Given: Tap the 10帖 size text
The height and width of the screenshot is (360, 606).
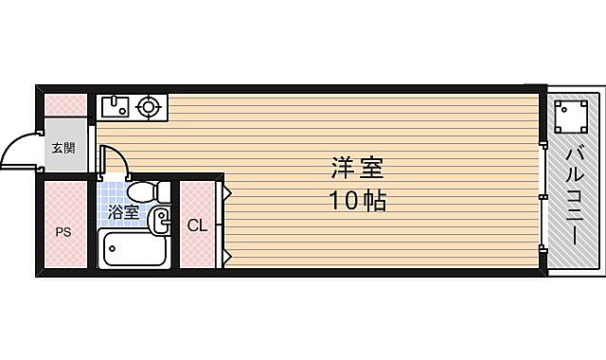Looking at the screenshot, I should pyautogui.click(x=357, y=201).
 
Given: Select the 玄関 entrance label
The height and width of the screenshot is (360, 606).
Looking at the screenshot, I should pyautogui.click(x=63, y=149).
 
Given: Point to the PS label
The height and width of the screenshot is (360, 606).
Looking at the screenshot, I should pyautogui.click(x=62, y=230).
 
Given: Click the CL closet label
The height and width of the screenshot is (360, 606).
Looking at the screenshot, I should pyautogui.click(x=196, y=225).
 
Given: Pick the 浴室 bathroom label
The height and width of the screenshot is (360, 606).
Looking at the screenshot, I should pyautogui.click(x=123, y=212).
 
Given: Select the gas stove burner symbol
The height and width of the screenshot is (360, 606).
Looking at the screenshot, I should pyautogui.click(x=149, y=106).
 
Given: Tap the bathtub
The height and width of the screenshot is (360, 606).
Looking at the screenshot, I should pyautogui.click(x=134, y=251).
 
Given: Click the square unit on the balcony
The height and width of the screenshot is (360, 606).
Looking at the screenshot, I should pyautogui.click(x=570, y=116).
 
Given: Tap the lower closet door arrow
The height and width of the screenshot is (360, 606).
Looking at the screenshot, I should pyautogui.click(x=227, y=254).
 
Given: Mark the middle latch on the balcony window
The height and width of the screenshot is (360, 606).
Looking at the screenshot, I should pyautogui.click(x=543, y=196).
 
